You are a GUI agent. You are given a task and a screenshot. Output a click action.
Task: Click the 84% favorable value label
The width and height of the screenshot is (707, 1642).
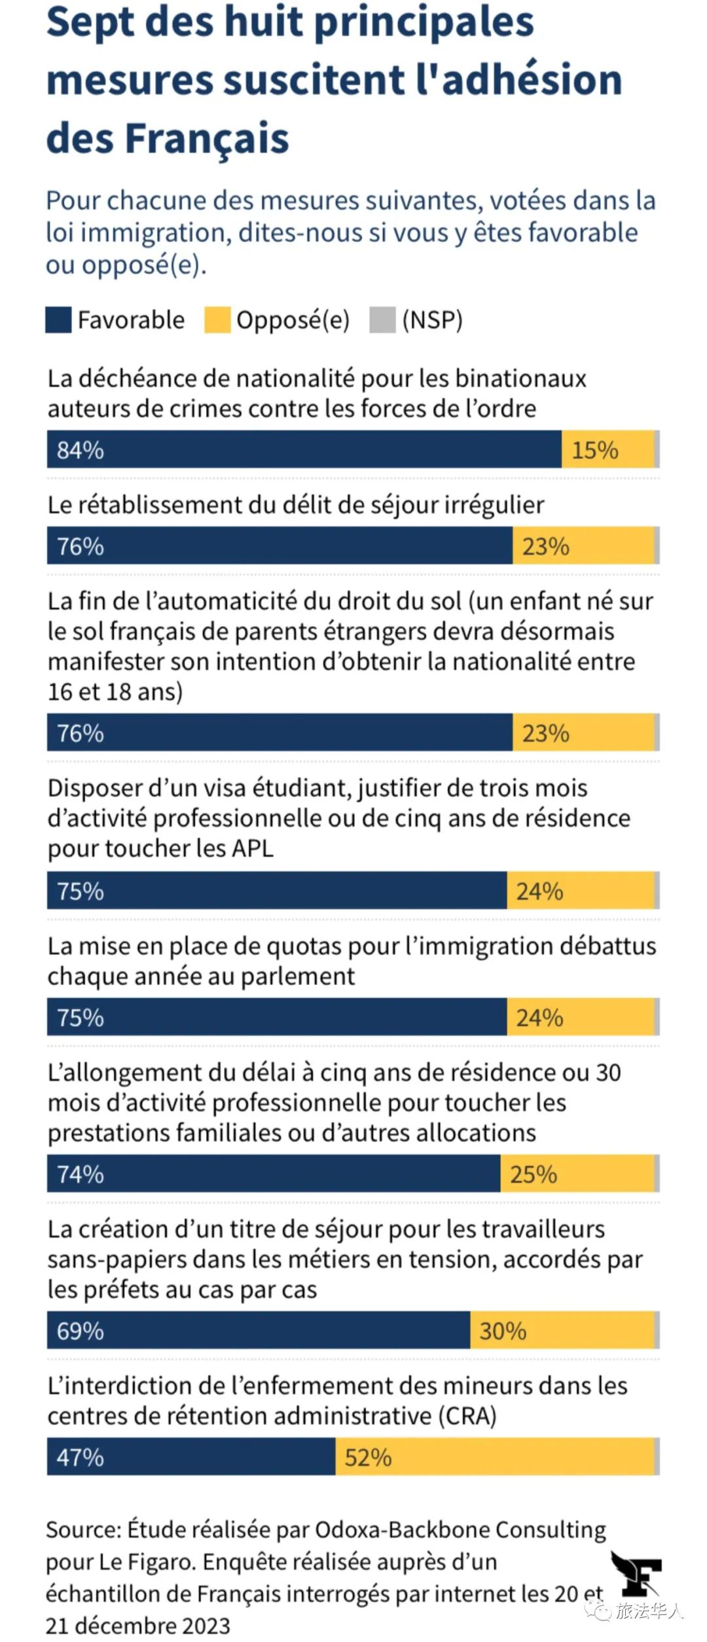tap(80, 450)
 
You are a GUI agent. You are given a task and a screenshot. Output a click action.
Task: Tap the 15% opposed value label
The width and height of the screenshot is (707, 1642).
tap(595, 450)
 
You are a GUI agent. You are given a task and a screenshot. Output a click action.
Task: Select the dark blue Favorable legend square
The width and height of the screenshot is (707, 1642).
tap(58, 320)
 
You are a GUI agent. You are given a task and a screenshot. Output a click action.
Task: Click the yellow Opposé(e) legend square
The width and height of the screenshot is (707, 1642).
tap(217, 320)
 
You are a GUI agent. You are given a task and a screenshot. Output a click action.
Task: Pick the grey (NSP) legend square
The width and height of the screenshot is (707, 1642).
tap(382, 320)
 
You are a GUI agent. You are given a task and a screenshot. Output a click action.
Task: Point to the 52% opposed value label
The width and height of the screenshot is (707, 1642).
tap(368, 1457)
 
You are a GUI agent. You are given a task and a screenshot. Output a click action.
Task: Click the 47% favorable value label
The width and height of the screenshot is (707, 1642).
tap(80, 1457)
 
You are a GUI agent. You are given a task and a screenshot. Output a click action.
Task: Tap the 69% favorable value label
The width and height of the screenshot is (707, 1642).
tap(80, 1331)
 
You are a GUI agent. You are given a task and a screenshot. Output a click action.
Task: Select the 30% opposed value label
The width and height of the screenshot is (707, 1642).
tap(503, 1331)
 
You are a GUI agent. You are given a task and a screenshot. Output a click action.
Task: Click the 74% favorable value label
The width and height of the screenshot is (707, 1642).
tap(80, 1174)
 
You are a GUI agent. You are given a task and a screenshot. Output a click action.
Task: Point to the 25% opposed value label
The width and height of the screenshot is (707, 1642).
tap(534, 1174)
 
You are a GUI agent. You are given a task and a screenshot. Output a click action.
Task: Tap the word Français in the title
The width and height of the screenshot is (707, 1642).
tap(206, 139)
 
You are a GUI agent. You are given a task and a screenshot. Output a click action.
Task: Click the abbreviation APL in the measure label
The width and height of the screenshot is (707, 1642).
tap(251, 848)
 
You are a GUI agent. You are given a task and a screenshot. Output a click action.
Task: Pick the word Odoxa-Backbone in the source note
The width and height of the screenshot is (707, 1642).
tap(403, 1529)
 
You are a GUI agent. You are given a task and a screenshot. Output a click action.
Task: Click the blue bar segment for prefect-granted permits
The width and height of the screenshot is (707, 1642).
tap(259, 1330)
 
